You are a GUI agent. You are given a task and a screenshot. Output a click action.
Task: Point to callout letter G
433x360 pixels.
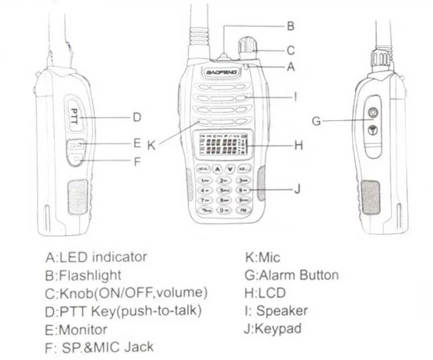[x=315, y=121]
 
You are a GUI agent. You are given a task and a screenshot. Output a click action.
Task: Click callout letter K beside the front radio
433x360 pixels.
[x=151, y=145]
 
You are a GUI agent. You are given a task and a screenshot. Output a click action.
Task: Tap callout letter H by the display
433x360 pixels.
[x=298, y=146]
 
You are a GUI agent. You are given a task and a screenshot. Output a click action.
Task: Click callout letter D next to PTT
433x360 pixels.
[x=137, y=117]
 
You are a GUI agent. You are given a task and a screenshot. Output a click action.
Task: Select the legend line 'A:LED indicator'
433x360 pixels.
[x=96, y=257]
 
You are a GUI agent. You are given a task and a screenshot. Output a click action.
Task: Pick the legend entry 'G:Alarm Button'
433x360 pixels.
[x=292, y=275]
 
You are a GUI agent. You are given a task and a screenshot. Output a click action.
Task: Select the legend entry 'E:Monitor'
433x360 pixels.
[x=76, y=329]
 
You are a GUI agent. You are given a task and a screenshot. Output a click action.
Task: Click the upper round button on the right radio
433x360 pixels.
[x=374, y=113]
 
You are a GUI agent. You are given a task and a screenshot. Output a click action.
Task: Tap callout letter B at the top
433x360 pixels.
[x=290, y=25]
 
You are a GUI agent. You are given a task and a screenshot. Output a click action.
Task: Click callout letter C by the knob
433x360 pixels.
[x=290, y=50]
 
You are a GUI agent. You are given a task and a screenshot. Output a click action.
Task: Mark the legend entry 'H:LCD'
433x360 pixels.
[x=265, y=293]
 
